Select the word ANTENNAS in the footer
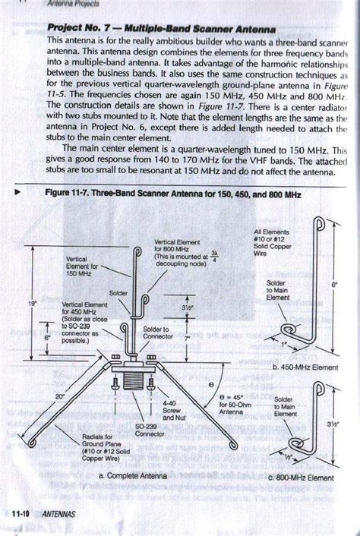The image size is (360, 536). [60, 514]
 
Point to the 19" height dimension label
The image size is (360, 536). [31, 303]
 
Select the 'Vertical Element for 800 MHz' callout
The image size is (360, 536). [174, 251]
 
